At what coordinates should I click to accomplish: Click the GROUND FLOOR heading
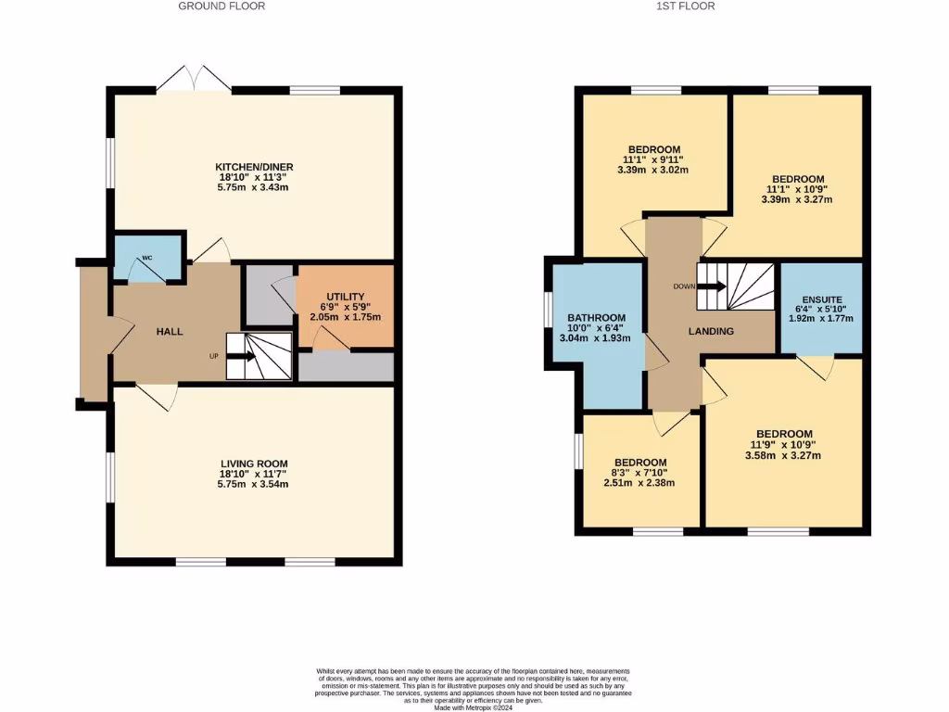[221, 6]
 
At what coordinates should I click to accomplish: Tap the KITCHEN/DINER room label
[257, 167]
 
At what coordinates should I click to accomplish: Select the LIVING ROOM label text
[254, 464]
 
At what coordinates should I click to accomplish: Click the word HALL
[170, 331]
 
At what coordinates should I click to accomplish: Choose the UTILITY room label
[346, 296]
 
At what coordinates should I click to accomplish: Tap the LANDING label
[712, 331]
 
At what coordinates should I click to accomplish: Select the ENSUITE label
[821, 299]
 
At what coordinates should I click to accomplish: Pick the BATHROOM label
[596, 317]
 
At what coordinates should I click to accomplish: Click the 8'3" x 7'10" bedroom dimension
[640, 473]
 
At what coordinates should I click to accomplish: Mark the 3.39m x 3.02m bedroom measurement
[655, 171]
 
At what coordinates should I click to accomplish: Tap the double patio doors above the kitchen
[194, 79]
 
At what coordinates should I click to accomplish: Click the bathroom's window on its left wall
[548, 316]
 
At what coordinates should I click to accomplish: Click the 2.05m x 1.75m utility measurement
[346, 317]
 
